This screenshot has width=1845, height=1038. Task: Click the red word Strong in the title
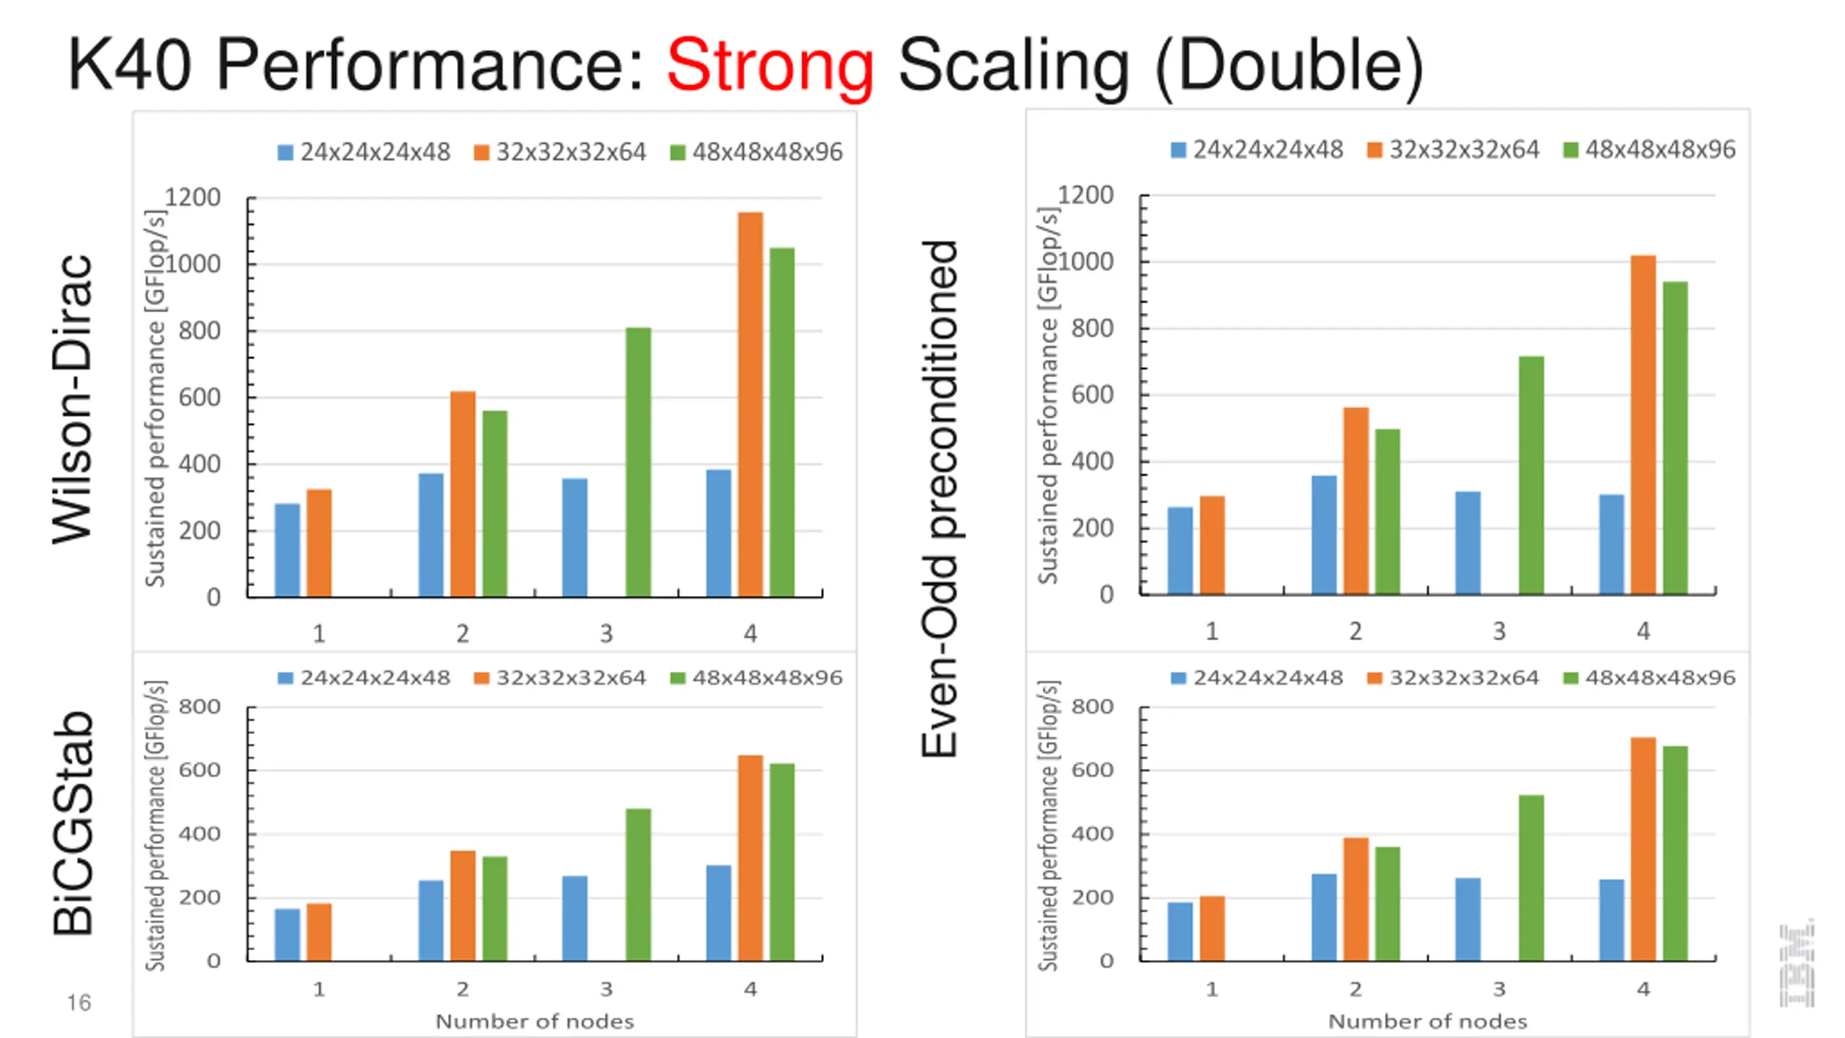tap(770, 66)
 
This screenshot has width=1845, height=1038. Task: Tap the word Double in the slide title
tap(1290, 66)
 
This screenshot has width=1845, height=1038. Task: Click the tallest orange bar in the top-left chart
tap(750, 404)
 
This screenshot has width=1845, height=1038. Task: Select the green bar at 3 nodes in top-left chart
tap(638, 461)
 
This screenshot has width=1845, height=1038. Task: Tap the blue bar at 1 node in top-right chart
tap(1180, 551)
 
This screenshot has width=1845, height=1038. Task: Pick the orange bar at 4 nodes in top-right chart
tap(1643, 425)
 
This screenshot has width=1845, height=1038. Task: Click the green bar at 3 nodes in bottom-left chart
tap(638, 884)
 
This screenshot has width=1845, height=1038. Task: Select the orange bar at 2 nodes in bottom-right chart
tap(1356, 899)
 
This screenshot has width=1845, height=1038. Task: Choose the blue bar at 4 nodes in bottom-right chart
tap(1611, 920)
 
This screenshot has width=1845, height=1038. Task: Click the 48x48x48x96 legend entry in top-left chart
tap(757, 152)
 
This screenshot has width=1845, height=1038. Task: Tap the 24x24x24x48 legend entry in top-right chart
tap(1258, 150)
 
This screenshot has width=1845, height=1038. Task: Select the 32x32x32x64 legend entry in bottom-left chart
tap(561, 678)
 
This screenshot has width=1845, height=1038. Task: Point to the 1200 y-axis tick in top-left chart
tap(192, 197)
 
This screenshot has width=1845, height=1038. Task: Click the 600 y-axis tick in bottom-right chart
tap(1092, 770)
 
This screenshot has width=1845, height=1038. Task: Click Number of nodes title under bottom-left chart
tap(535, 1021)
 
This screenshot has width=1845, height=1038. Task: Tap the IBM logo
tap(1797, 964)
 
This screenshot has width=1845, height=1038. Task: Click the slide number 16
tap(79, 1003)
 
